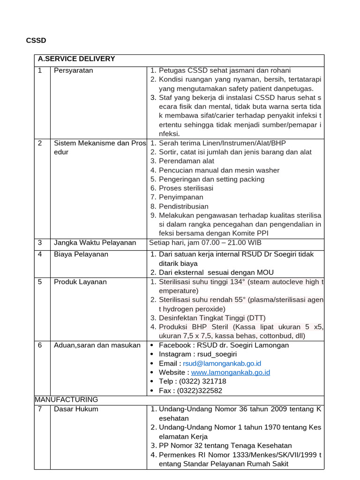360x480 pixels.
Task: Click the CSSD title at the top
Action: click(36, 41)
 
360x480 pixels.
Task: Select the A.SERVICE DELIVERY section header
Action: click(76, 59)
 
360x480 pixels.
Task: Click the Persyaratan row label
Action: click(74, 70)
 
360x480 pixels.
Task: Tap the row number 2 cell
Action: click(41, 143)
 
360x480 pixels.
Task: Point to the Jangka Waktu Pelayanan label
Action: click(95, 242)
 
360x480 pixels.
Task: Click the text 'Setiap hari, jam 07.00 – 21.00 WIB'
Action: click(205, 242)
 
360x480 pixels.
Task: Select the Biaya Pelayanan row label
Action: click(81, 254)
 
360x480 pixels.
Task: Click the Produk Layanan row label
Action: click(80, 282)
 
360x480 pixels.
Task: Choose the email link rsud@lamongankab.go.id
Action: click(222, 363)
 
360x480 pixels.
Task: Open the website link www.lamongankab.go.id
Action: click(231, 372)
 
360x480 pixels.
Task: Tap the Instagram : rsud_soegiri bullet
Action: click(198, 354)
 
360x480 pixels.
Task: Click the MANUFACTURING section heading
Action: click(67, 399)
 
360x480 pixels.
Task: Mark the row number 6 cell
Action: click(41, 345)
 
